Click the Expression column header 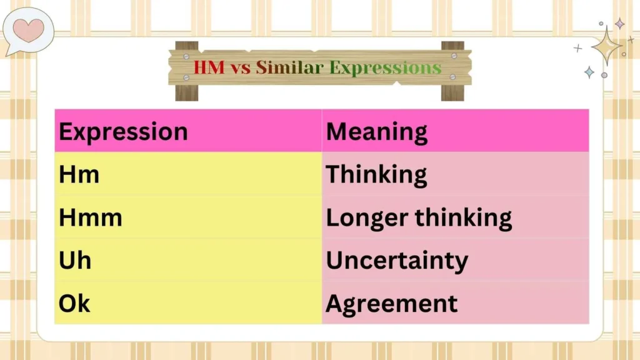point(123,132)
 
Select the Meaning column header point(377,132)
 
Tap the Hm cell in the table point(79,174)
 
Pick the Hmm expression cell point(91,217)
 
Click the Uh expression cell point(75,260)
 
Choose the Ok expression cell point(75,303)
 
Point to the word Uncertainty point(397,261)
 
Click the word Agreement point(392,304)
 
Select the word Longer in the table point(359,218)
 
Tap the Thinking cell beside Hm point(376,175)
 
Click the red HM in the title point(209,67)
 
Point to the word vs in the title point(241,67)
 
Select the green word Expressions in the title point(385,67)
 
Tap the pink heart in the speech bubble point(29,29)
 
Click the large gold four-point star point(606,46)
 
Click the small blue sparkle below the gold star point(589,72)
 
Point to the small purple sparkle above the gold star point(619,24)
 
